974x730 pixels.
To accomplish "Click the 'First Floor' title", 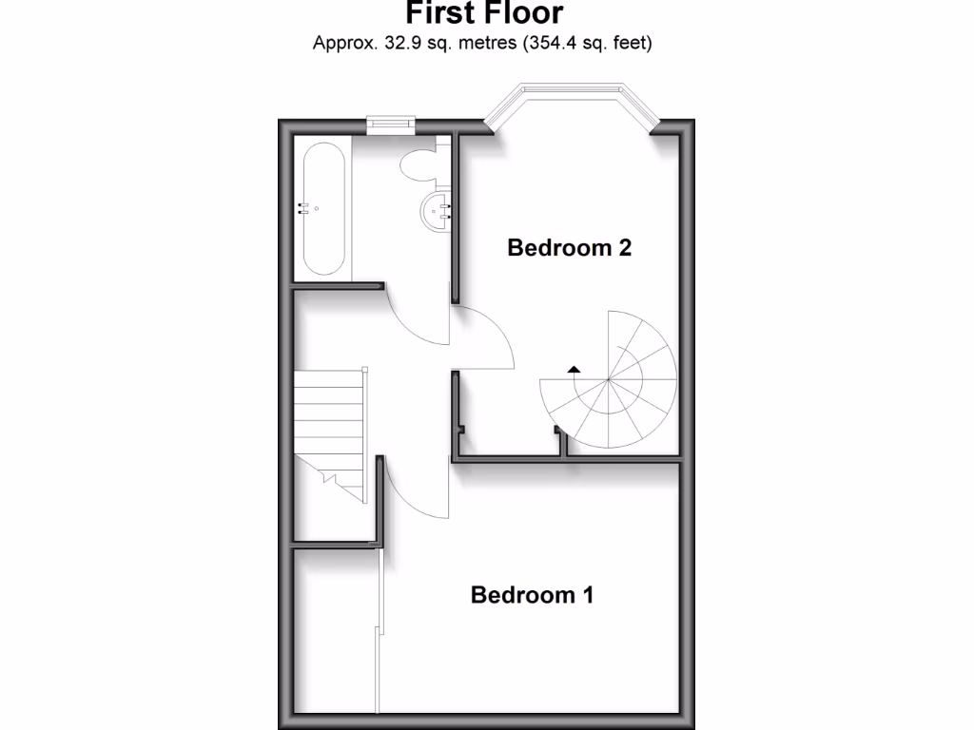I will click(x=484, y=13).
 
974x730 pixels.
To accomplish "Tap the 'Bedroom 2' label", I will click(x=570, y=248).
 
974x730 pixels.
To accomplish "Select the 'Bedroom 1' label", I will click(x=533, y=595).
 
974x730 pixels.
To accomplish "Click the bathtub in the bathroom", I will click(x=322, y=209).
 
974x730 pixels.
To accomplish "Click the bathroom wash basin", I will click(x=437, y=209).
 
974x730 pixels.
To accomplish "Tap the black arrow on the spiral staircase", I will click(x=573, y=368).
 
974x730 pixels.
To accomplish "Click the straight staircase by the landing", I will click(x=329, y=428).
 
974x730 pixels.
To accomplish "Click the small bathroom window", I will click(x=390, y=121).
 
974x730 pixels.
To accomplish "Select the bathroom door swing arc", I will click(x=419, y=323).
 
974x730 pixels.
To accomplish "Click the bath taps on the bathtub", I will click(x=305, y=208).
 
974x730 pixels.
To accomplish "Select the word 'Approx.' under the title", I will click(x=343, y=43).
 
